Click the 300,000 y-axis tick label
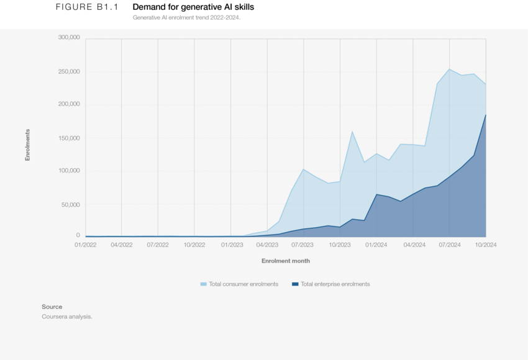(x=68, y=38)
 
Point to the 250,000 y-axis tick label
(x=68, y=71)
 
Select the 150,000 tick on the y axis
(x=68, y=138)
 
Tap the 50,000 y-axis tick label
(x=70, y=204)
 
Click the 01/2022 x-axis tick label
(x=85, y=245)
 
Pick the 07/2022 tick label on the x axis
(x=158, y=245)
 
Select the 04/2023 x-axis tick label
(x=267, y=245)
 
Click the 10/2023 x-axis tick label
(x=340, y=245)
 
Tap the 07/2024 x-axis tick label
(x=450, y=245)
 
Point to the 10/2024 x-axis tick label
(x=486, y=245)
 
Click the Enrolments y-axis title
(x=27, y=145)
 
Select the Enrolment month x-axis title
(x=285, y=261)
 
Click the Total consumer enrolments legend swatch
(x=204, y=284)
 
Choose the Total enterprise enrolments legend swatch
(x=294, y=284)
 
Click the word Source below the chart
(x=52, y=307)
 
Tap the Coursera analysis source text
(x=66, y=317)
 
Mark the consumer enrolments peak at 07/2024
(x=450, y=69)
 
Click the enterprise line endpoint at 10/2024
(x=486, y=115)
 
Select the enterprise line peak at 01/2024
(x=376, y=194)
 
